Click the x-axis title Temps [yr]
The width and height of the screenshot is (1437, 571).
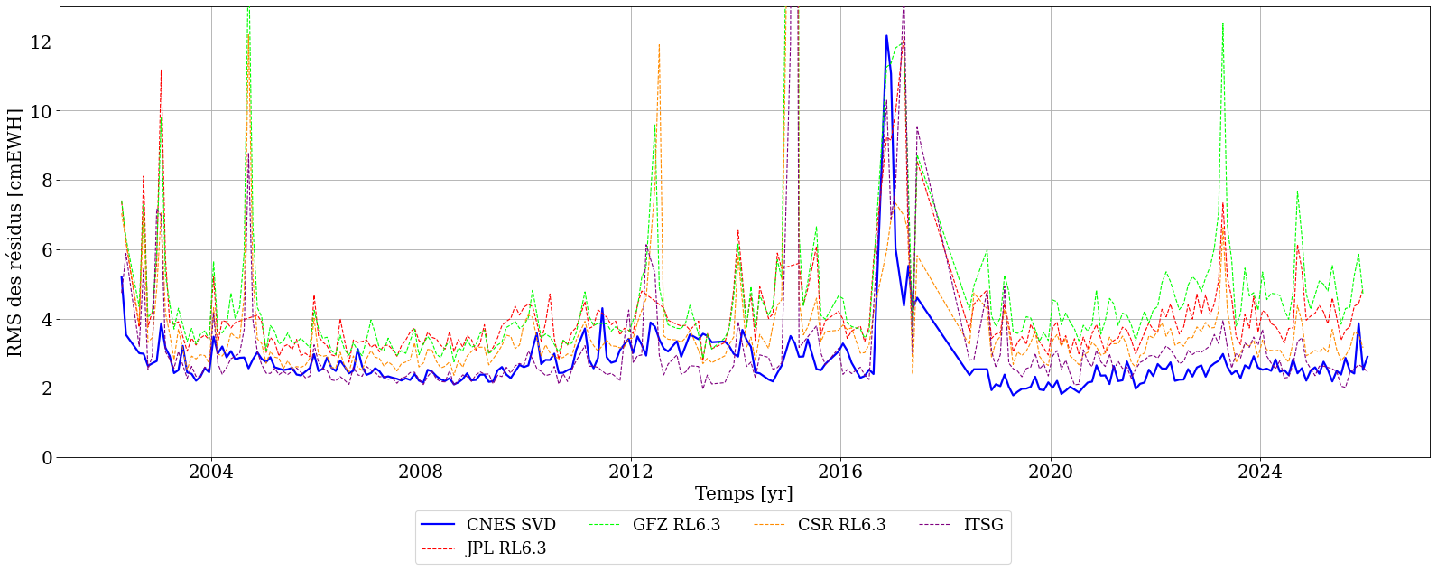(x=744, y=494)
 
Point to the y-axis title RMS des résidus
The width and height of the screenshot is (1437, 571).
(x=15, y=232)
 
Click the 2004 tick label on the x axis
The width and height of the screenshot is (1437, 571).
(x=211, y=473)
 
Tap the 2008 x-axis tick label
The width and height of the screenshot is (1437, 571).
(x=422, y=473)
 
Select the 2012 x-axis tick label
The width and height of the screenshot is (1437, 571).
(x=631, y=473)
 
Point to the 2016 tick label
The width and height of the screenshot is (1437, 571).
(x=840, y=473)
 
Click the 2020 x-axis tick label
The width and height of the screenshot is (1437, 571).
(x=1051, y=473)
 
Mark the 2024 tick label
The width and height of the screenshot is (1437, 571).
(x=1260, y=473)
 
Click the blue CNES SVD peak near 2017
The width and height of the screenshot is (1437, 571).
(x=886, y=36)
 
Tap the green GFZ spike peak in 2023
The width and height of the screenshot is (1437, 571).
(x=1223, y=23)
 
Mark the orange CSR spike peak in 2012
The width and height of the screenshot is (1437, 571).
(x=659, y=44)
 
